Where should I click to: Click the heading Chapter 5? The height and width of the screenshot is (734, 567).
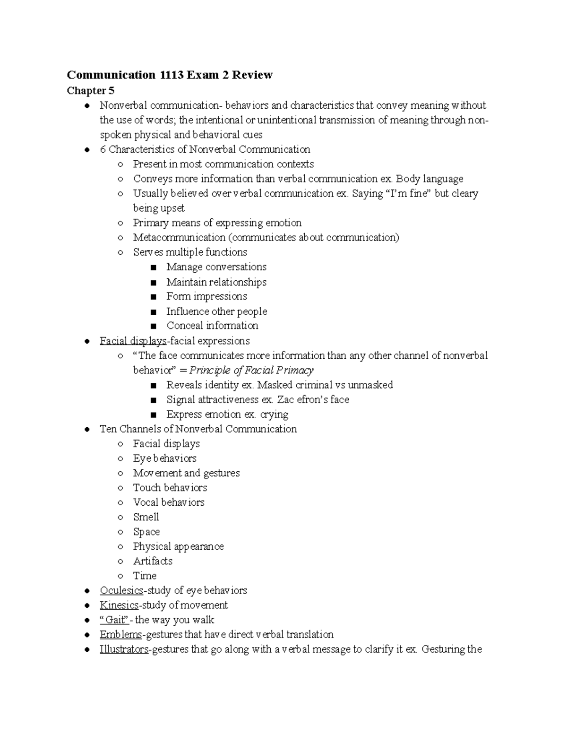(x=91, y=90)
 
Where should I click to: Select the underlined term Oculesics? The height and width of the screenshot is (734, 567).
(x=121, y=590)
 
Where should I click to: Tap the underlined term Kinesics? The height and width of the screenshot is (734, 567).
(x=119, y=605)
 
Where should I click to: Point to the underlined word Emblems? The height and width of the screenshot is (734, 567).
(x=120, y=634)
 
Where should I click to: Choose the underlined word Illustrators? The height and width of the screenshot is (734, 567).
(x=124, y=649)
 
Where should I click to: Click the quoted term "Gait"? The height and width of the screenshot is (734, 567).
(x=114, y=620)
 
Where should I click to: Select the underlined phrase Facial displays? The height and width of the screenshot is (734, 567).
(x=133, y=341)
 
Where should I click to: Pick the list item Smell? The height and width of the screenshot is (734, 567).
(x=146, y=517)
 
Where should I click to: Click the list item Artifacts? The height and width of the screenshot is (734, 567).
(x=153, y=561)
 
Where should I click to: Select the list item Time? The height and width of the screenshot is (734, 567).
(x=145, y=576)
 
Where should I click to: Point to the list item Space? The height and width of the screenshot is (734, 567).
(x=146, y=532)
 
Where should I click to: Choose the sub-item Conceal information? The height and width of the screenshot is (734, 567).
(x=212, y=326)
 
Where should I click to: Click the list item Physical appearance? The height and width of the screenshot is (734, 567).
(x=178, y=546)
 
